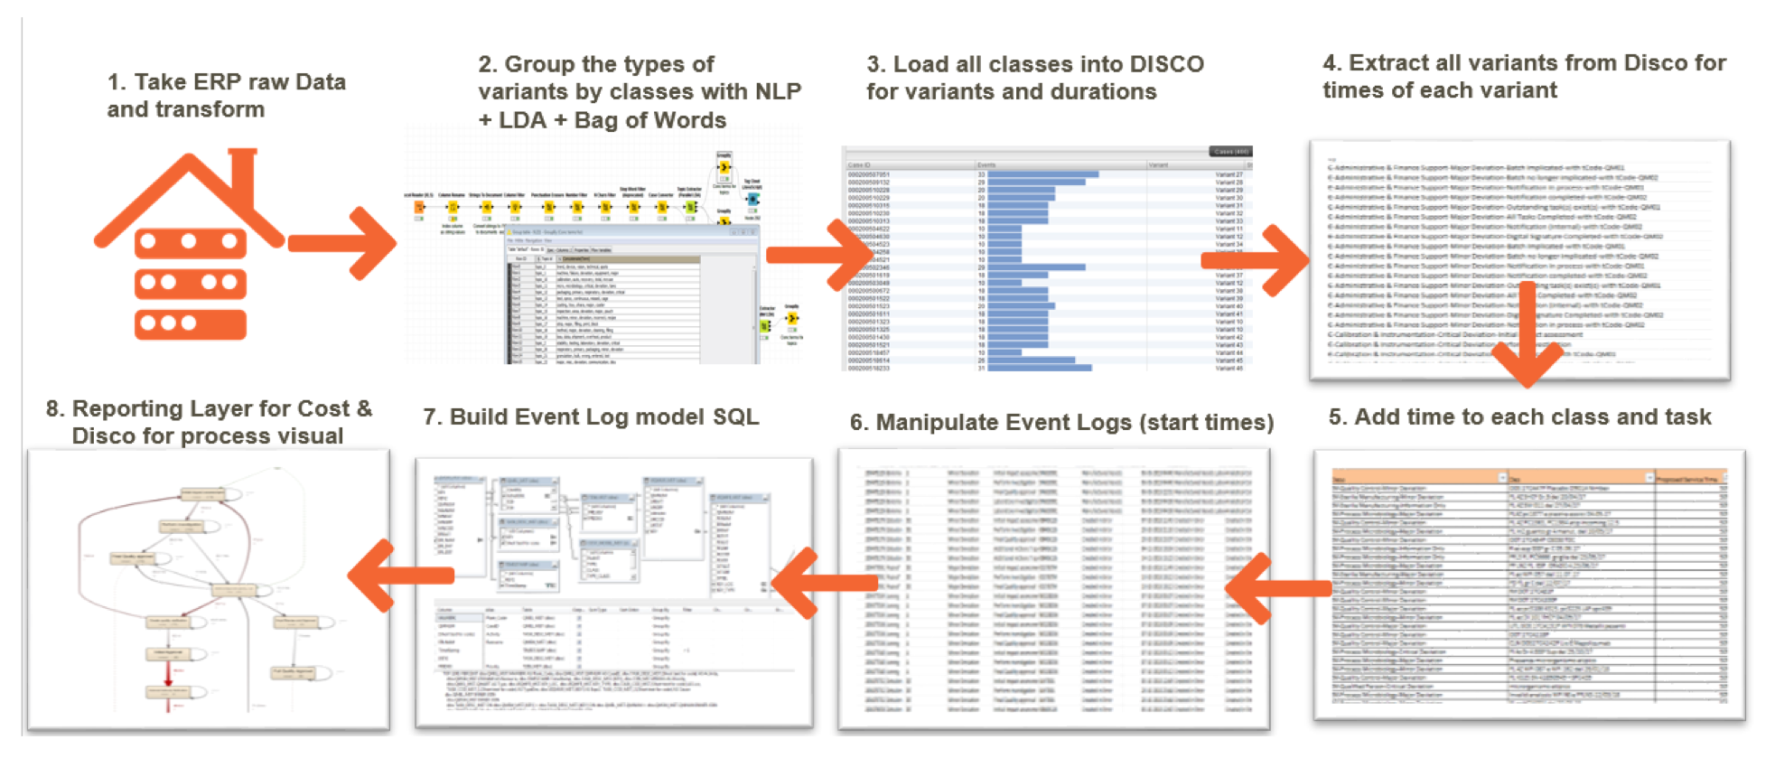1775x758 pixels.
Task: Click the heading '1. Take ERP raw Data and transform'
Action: tap(226, 95)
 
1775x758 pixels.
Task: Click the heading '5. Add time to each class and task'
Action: tap(1519, 416)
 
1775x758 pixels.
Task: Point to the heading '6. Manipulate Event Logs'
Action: tap(1060, 422)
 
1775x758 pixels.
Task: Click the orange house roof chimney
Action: tap(243, 172)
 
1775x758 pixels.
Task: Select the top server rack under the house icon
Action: tap(190, 242)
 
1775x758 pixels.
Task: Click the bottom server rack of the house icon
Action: tap(190, 323)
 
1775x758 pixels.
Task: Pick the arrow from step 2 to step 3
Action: tap(817, 255)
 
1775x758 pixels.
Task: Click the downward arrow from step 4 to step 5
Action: tap(1526, 339)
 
